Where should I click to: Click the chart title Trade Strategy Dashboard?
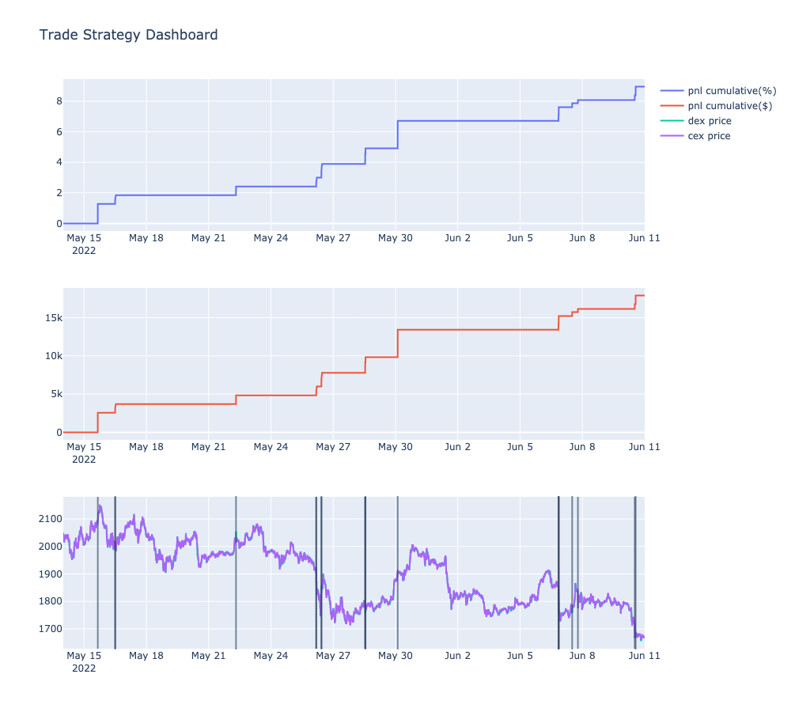click(x=128, y=35)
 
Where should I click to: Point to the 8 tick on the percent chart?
click(x=59, y=101)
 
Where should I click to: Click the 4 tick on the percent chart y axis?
click(x=59, y=162)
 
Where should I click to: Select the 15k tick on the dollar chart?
click(x=52, y=318)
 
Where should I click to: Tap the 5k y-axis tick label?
click(x=55, y=394)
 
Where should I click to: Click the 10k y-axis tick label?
click(x=52, y=356)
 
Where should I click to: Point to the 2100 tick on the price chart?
click(x=49, y=519)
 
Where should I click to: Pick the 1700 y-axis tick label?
click(x=49, y=629)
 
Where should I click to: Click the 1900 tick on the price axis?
click(x=49, y=574)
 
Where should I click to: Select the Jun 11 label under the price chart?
click(x=644, y=656)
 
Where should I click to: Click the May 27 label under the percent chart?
click(x=333, y=237)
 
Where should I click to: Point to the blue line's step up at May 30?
click(x=397, y=134)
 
